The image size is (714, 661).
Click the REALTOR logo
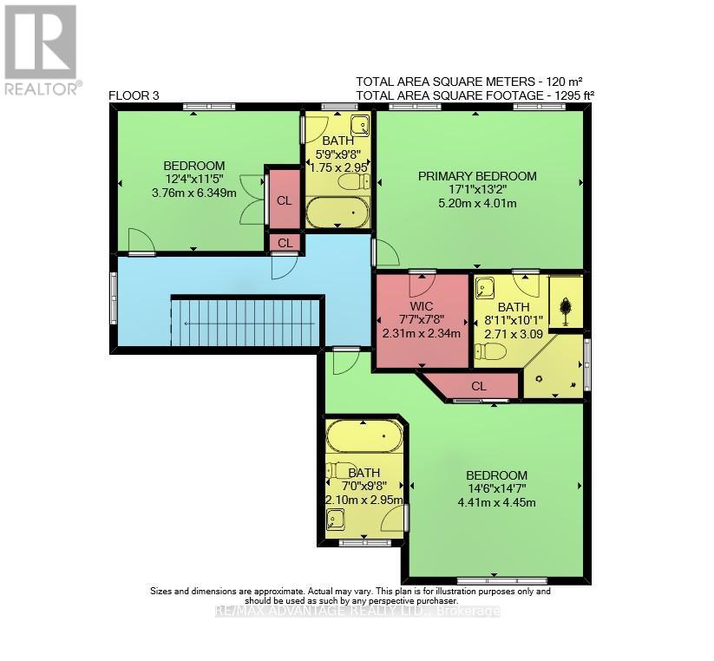[x=43, y=49]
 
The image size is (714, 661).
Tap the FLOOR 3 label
[x=134, y=95]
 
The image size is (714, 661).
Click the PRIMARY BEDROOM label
[x=477, y=176]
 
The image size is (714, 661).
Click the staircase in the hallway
[x=247, y=321]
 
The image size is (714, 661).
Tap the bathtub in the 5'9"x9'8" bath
[x=337, y=212]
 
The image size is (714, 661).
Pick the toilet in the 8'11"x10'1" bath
[x=491, y=351]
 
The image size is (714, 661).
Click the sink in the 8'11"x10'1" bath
[x=486, y=288]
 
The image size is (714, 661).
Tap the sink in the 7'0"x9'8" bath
[x=336, y=519]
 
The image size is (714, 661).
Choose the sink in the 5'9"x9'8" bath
[x=360, y=125]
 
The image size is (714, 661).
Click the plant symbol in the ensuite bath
[x=566, y=305]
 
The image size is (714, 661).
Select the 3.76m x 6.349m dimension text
[x=194, y=193]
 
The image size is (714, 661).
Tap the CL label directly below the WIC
[x=479, y=386]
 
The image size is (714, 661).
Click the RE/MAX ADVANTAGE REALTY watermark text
[x=357, y=612]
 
